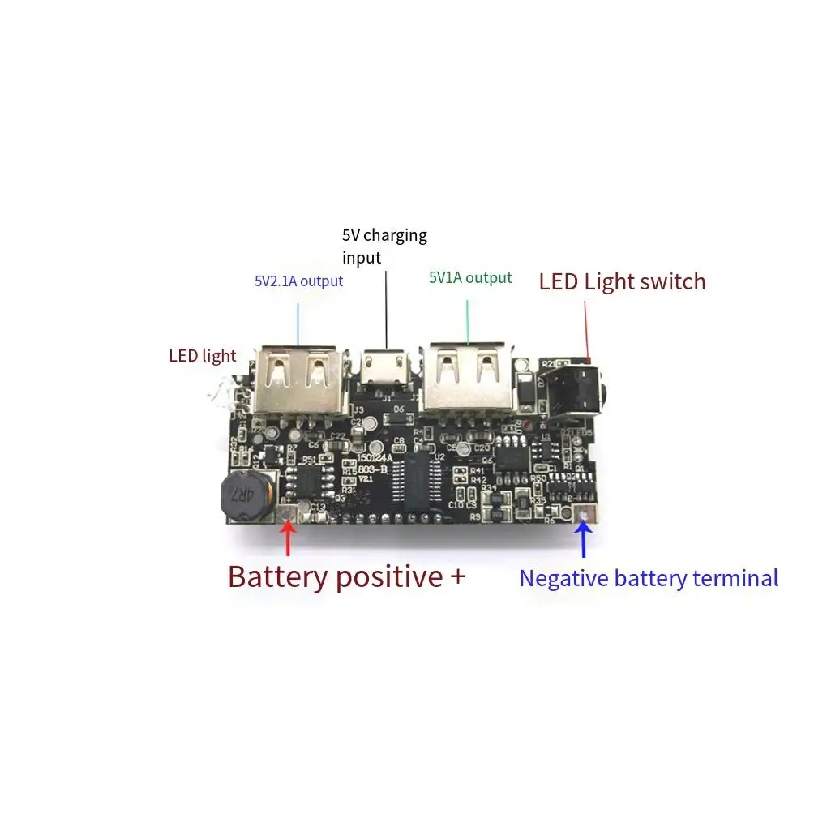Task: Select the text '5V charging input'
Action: tap(384, 246)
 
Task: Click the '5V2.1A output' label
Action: tap(298, 281)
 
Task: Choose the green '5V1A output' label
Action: tap(470, 278)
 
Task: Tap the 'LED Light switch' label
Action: tap(622, 281)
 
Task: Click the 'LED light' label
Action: tap(202, 355)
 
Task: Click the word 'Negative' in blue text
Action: tap(563, 578)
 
